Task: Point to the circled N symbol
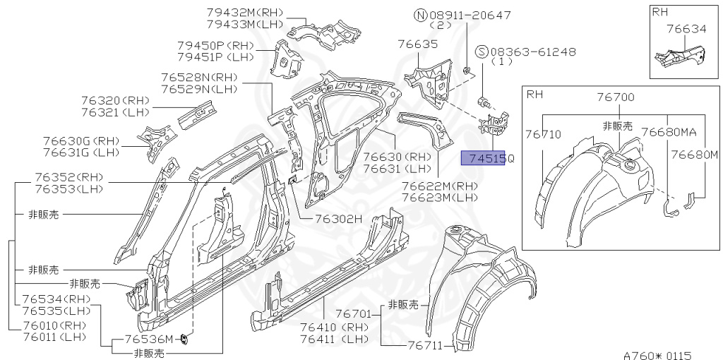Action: click(420, 15)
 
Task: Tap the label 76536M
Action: click(148, 340)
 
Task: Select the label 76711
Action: click(425, 345)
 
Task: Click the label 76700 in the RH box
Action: click(615, 97)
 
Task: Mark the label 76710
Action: click(542, 133)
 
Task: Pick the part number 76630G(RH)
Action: click(81, 141)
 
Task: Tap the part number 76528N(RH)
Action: click(198, 77)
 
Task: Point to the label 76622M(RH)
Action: click(440, 185)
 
